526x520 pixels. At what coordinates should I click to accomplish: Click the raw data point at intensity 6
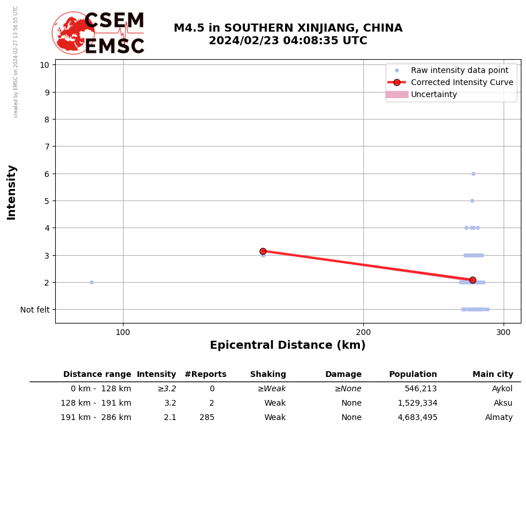(473, 174)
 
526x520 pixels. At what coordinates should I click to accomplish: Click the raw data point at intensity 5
(472, 201)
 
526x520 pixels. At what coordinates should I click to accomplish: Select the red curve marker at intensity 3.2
(263, 251)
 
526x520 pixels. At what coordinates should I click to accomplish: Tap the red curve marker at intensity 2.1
(473, 280)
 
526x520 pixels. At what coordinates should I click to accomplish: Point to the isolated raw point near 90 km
(91, 282)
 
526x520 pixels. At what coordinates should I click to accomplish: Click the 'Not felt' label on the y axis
(34, 310)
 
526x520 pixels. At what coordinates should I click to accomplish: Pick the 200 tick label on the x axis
(363, 332)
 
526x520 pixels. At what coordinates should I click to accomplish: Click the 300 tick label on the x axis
(504, 332)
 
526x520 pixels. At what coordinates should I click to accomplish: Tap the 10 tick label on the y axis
(44, 64)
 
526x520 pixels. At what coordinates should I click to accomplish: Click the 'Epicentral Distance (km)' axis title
(287, 345)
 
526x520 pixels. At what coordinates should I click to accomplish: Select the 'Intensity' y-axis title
(11, 192)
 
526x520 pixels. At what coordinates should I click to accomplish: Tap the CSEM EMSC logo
(98, 33)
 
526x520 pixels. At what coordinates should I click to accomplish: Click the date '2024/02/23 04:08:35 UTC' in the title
(288, 41)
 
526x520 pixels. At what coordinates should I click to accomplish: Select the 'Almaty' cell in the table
(498, 418)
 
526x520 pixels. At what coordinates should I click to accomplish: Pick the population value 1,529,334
(417, 403)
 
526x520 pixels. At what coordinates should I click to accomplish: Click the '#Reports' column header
(205, 375)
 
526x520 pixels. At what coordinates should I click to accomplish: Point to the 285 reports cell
(207, 418)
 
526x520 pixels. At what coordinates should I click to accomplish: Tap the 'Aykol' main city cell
(502, 389)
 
